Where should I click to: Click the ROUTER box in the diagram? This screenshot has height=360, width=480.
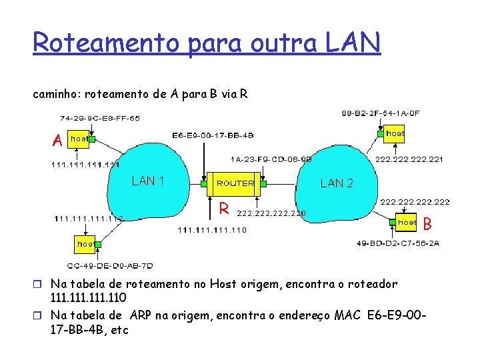point(235,183)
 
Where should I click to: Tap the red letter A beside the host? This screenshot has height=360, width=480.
point(59,140)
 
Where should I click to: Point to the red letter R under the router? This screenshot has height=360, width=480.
point(225,209)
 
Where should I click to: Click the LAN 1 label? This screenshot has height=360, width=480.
point(148,181)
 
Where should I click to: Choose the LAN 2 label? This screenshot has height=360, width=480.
point(337,183)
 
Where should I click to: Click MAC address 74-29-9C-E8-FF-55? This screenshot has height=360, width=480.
point(100,118)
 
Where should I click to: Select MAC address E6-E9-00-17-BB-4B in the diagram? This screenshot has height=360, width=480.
point(213,136)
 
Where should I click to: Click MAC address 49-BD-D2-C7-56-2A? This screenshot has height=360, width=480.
point(398,243)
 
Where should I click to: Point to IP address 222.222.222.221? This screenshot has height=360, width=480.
point(409,160)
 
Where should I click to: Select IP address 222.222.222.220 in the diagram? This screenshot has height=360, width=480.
point(271,213)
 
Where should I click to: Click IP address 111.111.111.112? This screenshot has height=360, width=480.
point(89,217)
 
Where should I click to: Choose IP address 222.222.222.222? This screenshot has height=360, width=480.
point(414,201)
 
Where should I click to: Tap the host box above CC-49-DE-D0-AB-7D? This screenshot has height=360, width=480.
point(85,244)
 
